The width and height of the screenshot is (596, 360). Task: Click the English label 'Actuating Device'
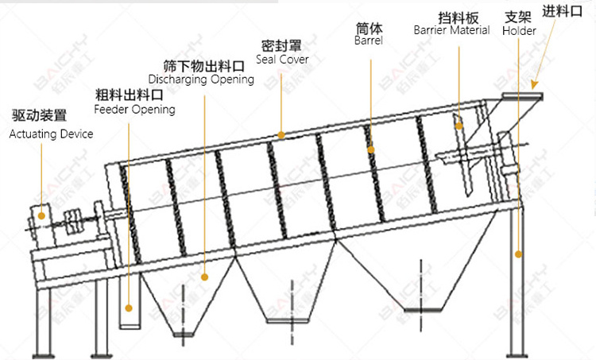click(x=51, y=134)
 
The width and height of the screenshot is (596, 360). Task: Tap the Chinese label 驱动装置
click(x=38, y=116)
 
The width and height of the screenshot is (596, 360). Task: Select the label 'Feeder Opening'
click(x=134, y=109)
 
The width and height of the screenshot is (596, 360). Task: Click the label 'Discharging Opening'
click(x=201, y=79)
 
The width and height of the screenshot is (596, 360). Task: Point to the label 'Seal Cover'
click(x=282, y=59)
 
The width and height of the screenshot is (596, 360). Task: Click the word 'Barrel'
click(x=369, y=41)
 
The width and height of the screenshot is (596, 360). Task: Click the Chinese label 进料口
click(x=563, y=11)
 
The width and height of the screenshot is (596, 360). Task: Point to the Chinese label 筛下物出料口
click(x=203, y=64)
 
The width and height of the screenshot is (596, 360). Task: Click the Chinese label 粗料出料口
click(x=130, y=94)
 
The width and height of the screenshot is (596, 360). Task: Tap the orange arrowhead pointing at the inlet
click(x=536, y=82)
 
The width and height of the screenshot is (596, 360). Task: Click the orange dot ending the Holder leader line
click(x=518, y=254)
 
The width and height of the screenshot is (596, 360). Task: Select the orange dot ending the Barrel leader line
click(x=370, y=148)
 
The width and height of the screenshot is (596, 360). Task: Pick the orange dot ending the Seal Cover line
click(x=281, y=136)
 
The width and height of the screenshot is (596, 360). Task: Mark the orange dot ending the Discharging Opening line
click(x=205, y=277)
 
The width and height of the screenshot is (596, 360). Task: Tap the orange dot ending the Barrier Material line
click(x=459, y=122)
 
